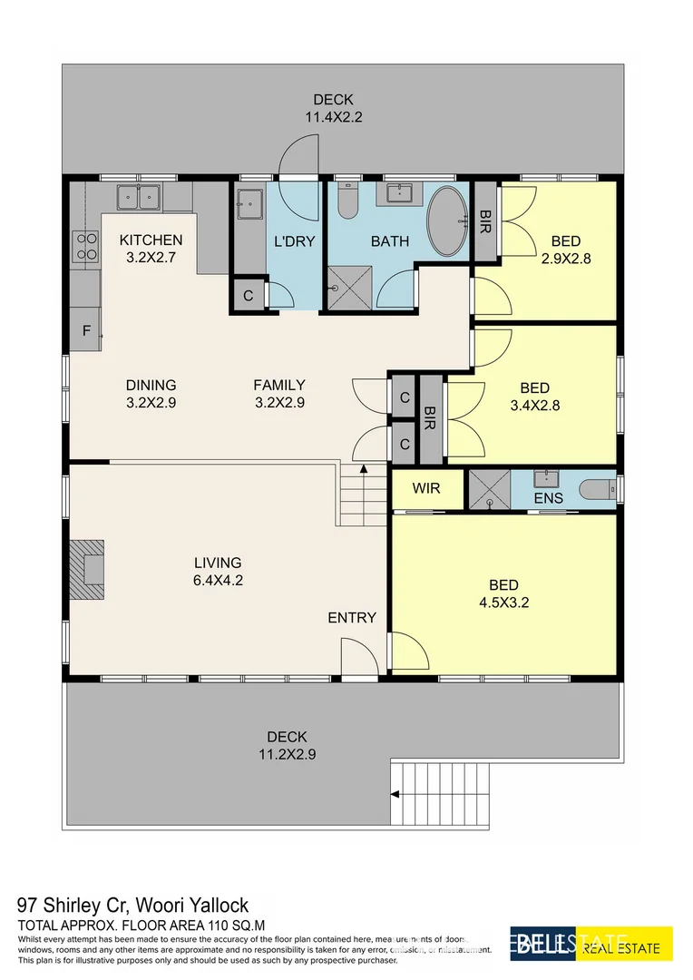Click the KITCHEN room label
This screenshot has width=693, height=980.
151,240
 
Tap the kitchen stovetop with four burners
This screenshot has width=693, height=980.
86,246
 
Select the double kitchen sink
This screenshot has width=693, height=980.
138,196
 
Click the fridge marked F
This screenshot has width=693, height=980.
86,330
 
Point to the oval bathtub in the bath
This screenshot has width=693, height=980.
445,222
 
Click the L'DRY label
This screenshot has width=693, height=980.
293,241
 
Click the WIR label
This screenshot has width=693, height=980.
425,488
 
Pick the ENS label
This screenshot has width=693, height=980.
549,498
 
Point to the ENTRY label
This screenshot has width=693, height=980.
352,617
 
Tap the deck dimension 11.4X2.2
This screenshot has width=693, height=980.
333,116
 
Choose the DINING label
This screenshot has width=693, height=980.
151,385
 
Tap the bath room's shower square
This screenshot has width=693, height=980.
349,289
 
